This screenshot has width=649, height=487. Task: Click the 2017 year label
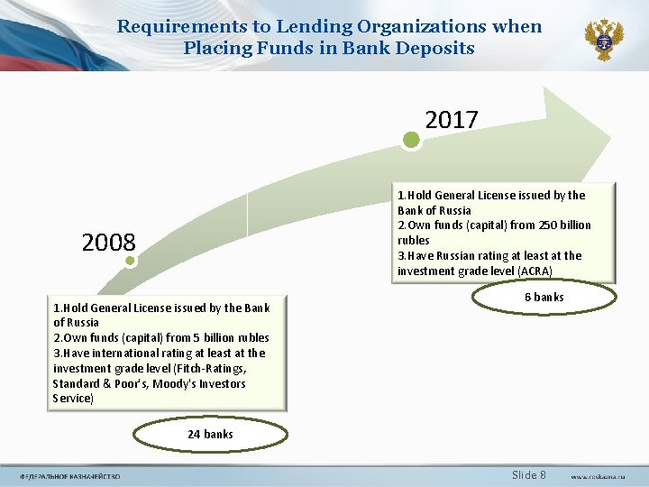pos(451,119)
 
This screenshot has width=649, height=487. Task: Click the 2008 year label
pos(108,243)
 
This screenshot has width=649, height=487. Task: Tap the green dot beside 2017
pos(411,140)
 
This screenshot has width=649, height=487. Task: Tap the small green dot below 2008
pos(131,262)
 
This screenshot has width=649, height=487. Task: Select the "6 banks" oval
pos(544,297)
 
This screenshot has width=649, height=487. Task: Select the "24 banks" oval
pos(210,435)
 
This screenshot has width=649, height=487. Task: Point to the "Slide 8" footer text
pos(529,475)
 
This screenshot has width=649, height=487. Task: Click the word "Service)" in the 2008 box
pos(73,399)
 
